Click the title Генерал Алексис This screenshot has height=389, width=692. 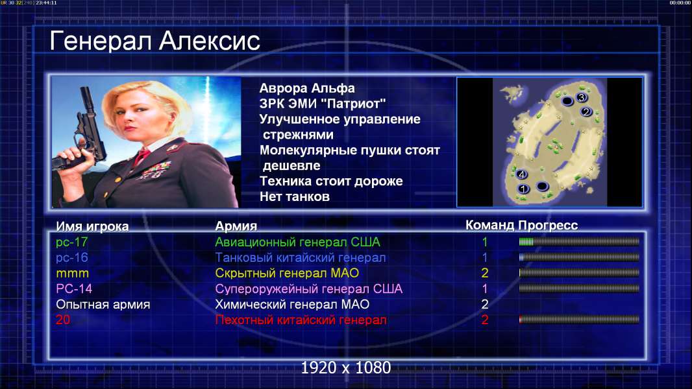[x=154, y=41]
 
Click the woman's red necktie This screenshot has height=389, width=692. [x=142, y=156]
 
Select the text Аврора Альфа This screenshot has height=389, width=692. [x=306, y=88]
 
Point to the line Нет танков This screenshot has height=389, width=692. [x=294, y=196]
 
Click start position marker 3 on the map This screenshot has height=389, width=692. [x=581, y=97]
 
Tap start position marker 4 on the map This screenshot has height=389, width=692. [x=522, y=174]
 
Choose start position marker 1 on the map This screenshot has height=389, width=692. [x=523, y=189]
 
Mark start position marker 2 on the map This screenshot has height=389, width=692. [x=586, y=112]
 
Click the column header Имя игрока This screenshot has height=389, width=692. [x=92, y=226]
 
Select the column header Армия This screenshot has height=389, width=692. [x=236, y=226]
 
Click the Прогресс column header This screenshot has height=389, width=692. [x=548, y=226]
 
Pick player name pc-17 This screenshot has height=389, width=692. [x=71, y=242]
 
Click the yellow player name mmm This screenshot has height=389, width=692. [x=72, y=274]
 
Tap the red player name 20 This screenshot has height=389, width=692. [x=63, y=320]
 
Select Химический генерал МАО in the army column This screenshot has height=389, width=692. [x=292, y=304]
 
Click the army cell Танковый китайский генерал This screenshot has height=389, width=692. [x=301, y=258]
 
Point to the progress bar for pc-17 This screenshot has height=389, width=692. [x=579, y=241]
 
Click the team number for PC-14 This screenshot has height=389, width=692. [x=484, y=289]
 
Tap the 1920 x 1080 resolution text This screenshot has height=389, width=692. [x=346, y=368]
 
